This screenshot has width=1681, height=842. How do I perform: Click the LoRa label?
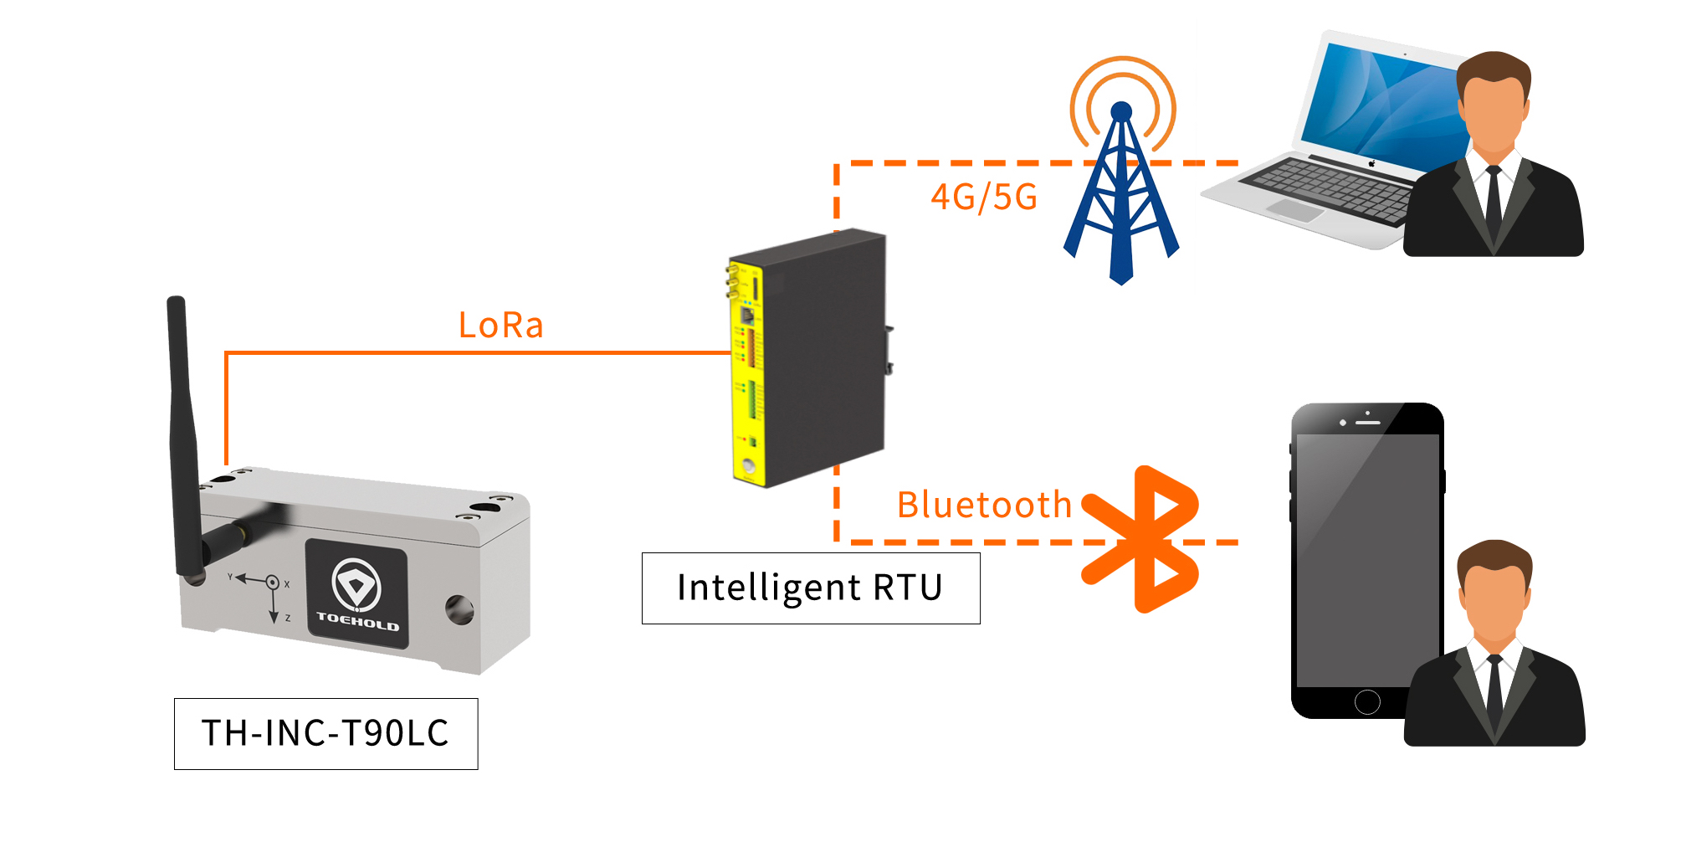tap(500, 326)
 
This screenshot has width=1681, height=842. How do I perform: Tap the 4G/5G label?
tap(983, 198)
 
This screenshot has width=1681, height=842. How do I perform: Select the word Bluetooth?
tap(984, 505)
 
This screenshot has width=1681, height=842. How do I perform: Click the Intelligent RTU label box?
tap(810, 588)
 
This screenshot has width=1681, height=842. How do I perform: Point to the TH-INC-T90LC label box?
tap(325, 733)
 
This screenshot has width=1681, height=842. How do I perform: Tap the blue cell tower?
tap(1120, 201)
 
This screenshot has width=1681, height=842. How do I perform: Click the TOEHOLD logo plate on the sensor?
tap(357, 593)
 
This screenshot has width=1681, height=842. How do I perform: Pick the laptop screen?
tap(1381, 105)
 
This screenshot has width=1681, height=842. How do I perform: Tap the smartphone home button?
tap(1366, 701)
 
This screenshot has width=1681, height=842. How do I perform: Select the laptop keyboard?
tap(1330, 188)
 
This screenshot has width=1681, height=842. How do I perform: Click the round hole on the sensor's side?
tap(459, 609)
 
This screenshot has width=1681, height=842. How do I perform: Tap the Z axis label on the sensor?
tap(288, 619)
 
